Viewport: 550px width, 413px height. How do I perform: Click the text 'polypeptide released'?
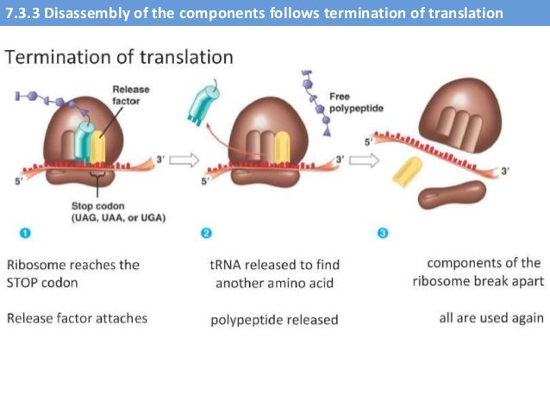point(274,320)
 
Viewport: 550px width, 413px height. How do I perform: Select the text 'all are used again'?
point(491,318)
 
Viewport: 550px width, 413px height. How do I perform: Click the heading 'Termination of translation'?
point(119,58)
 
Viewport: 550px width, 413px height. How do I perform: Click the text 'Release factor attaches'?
point(77,318)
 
